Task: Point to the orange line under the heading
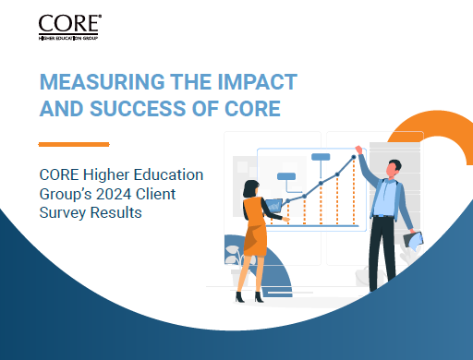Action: click(x=73, y=144)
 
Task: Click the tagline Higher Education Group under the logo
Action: click(x=67, y=38)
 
